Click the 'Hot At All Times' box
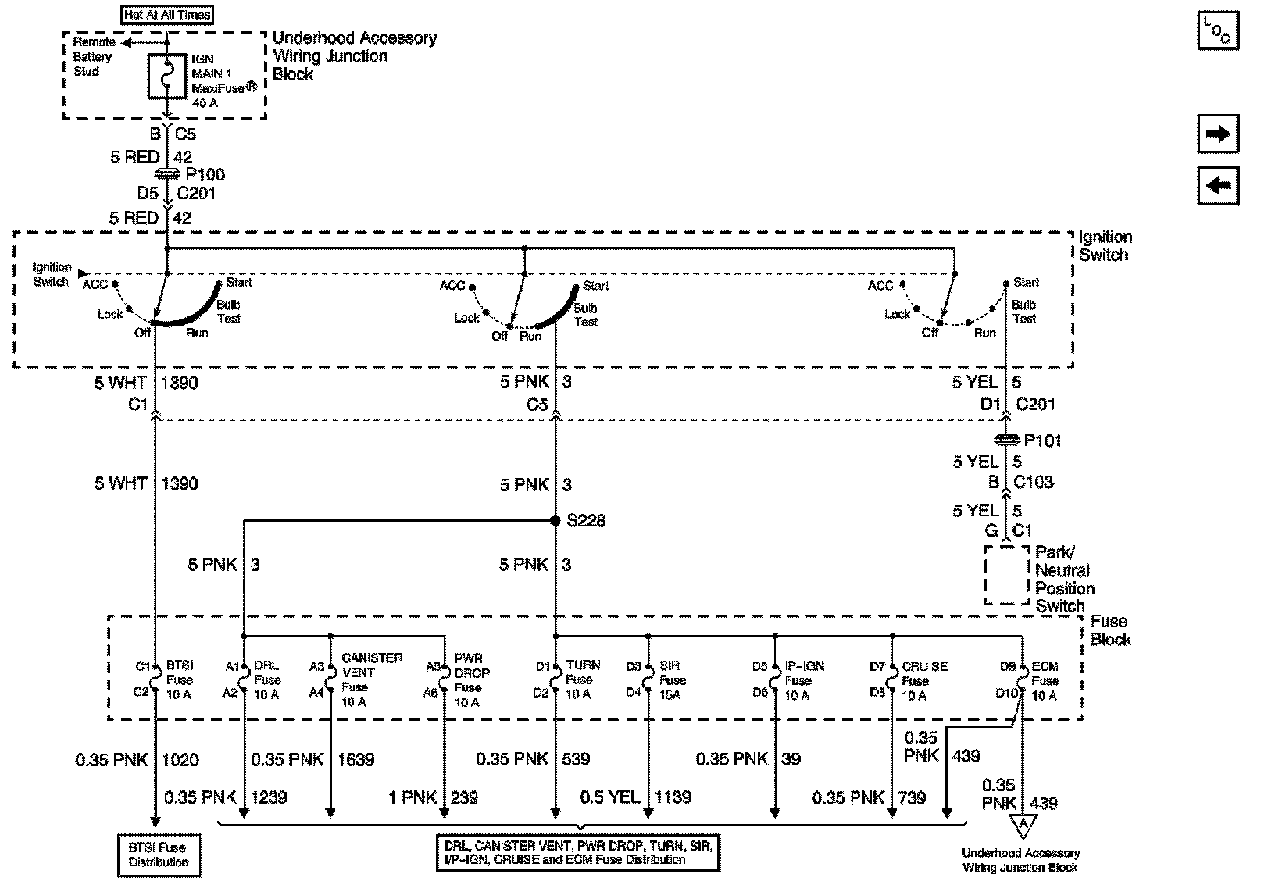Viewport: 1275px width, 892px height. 167,15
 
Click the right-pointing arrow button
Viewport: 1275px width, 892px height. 1218,134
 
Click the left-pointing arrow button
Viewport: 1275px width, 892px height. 1218,186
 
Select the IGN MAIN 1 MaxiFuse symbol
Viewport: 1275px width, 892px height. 167,77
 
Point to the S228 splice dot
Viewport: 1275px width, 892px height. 555,520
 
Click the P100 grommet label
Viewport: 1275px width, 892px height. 205,175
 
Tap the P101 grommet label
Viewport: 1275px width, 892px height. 1042,441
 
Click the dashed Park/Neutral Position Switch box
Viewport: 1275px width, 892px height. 1007,575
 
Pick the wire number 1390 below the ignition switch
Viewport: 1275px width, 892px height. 180,383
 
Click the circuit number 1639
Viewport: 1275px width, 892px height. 356,758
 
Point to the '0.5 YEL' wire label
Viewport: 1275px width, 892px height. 609,797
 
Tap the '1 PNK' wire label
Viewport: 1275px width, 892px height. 413,797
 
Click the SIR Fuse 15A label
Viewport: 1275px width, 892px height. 671,680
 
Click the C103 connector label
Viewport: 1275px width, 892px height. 1034,482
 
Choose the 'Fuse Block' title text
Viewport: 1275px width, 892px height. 1110,630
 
